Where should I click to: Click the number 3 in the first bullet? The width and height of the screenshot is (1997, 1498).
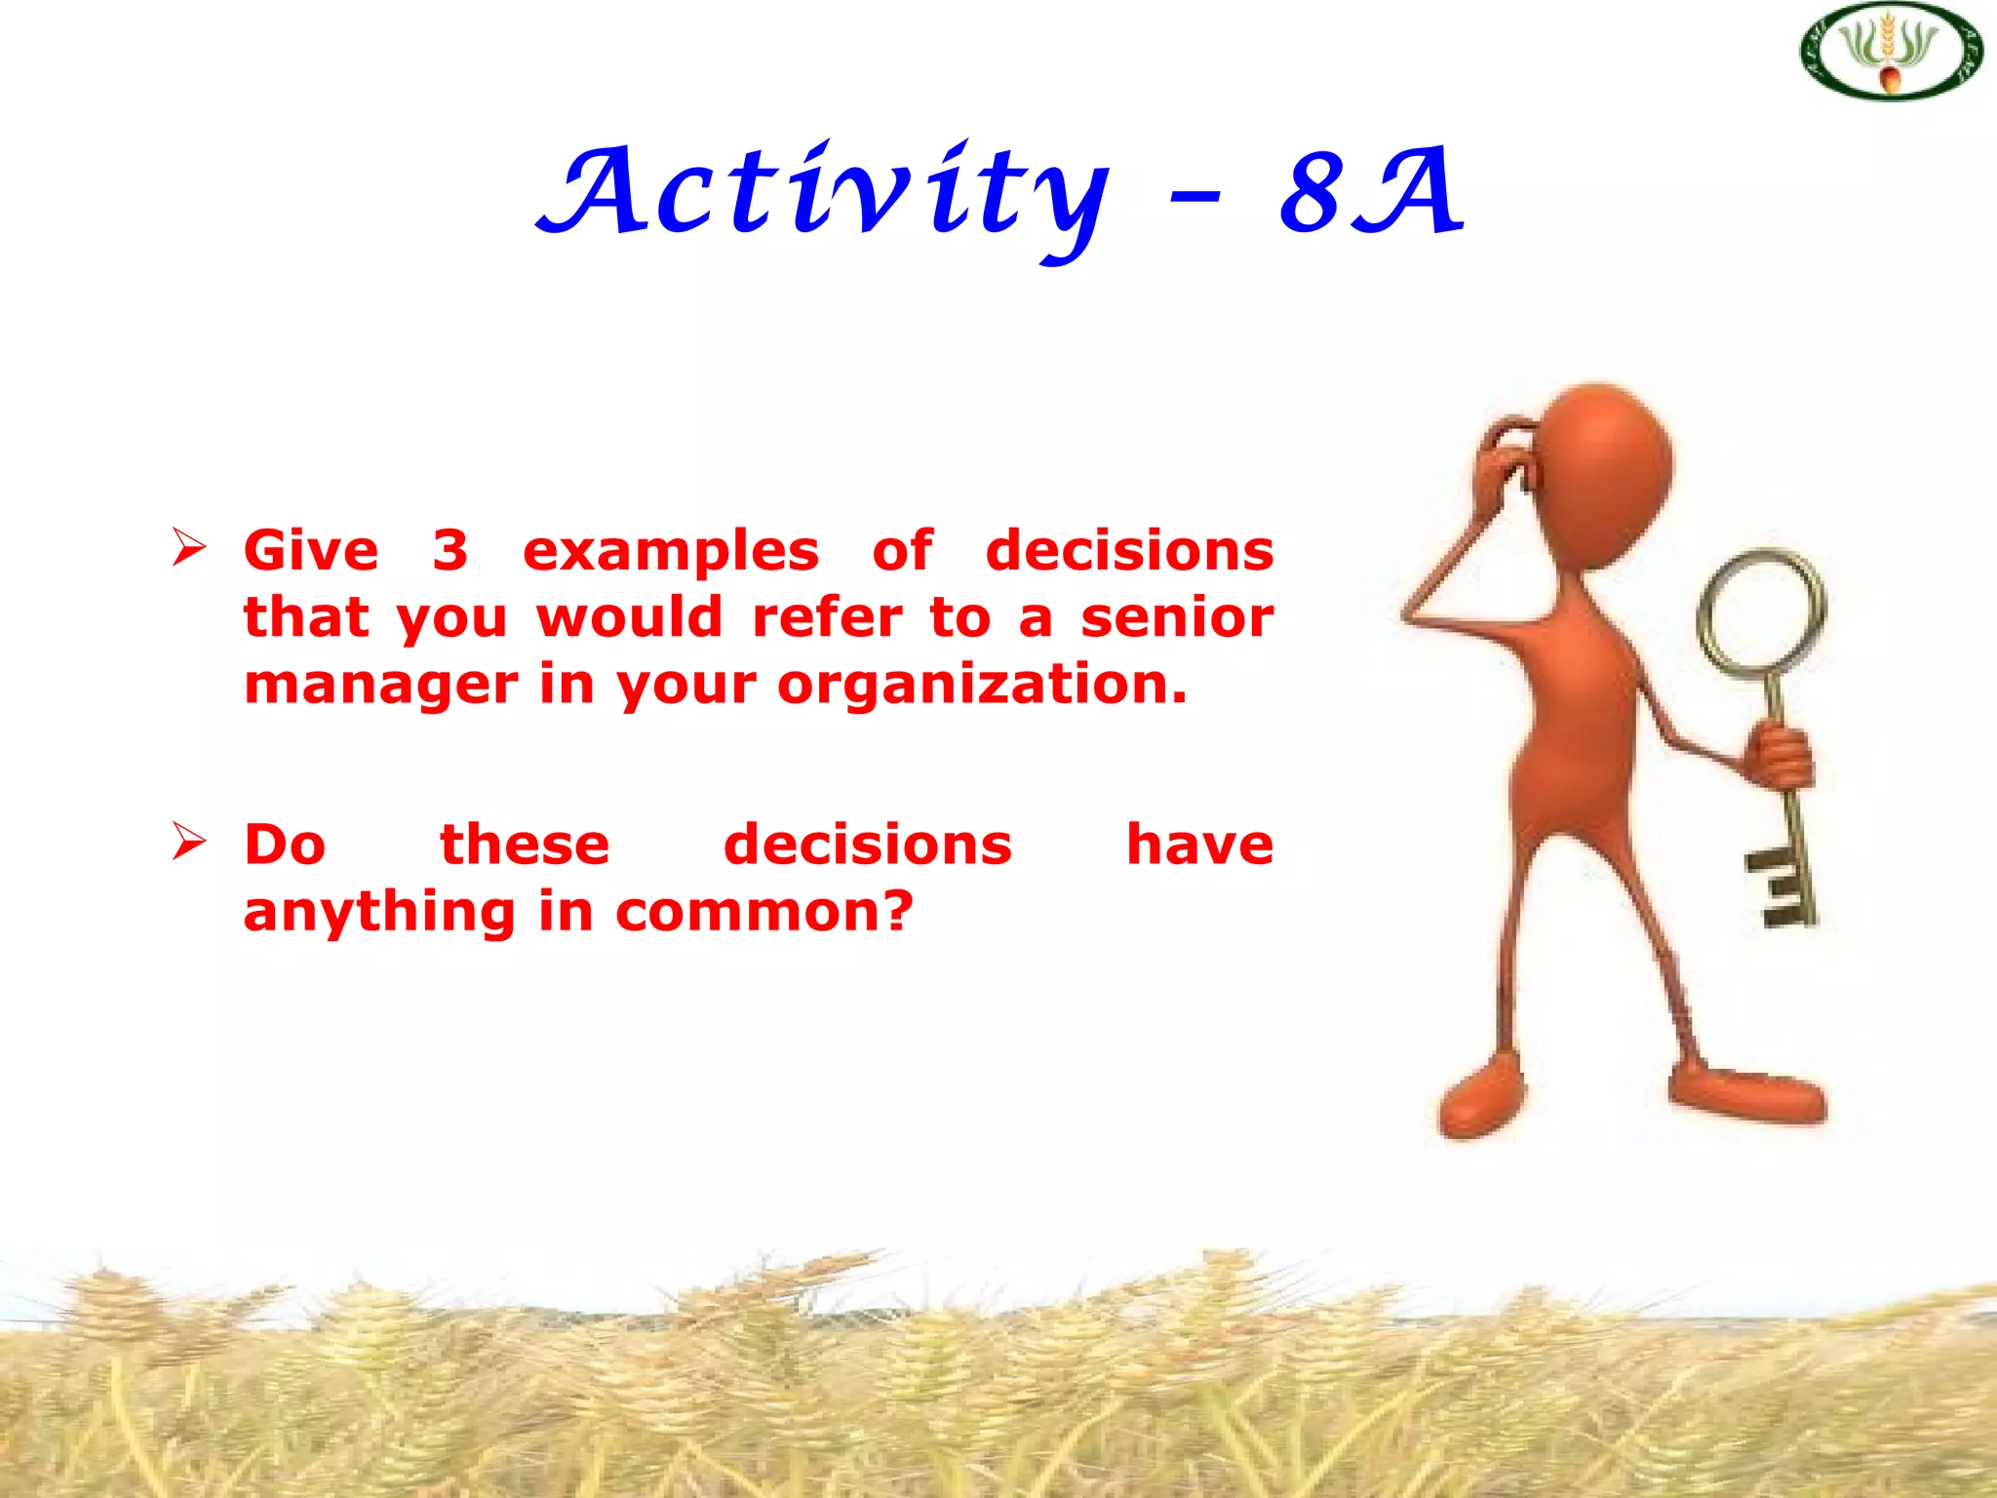(x=450, y=551)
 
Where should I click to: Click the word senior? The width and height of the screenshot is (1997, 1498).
(x=1177, y=618)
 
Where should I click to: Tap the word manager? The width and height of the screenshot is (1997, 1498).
(x=380, y=686)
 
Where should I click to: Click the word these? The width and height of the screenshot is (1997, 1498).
(x=525, y=845)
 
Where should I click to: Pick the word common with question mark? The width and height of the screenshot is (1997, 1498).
(x=764, y=912)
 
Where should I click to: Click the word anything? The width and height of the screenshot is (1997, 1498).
(x=379, y=913)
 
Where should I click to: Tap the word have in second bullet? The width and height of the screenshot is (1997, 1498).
(x=1199, y=845)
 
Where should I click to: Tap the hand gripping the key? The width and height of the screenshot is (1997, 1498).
(x=1781, y=756)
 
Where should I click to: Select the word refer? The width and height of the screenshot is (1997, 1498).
(x=827, y=618)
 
